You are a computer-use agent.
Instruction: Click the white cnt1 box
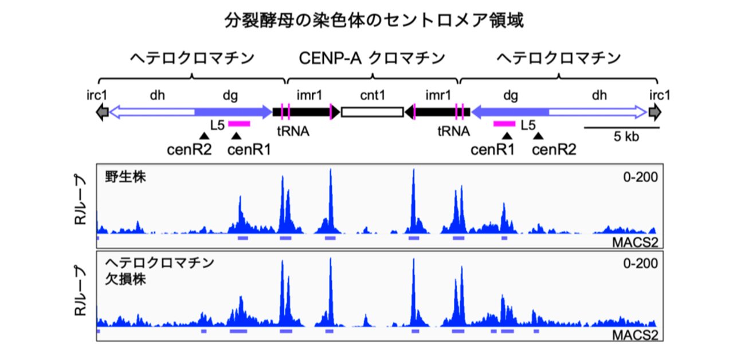372,111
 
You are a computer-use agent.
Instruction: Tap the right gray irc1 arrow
654,111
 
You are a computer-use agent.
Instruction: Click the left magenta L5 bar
239,123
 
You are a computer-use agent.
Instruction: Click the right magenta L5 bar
505,123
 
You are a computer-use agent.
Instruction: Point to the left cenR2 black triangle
203,136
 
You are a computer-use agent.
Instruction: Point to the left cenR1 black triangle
237,136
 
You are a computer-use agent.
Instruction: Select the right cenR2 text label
554,150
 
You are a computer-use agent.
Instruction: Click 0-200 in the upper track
640,177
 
